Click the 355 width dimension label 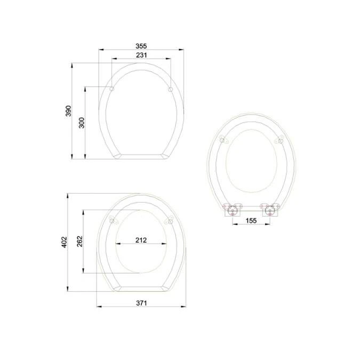(141, 46)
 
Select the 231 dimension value (141, 55)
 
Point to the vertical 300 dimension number (82, 123)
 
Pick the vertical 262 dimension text (79, 241)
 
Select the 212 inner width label (141, 240)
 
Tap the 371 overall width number (141, 302)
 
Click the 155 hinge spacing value (251, 220)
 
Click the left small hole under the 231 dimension (112, 89)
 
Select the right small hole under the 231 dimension (170, 89)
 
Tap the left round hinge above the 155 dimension (233, 211)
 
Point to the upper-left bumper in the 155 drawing (223, 140)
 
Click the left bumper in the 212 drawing (112, 221)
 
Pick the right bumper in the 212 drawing (170, 221)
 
